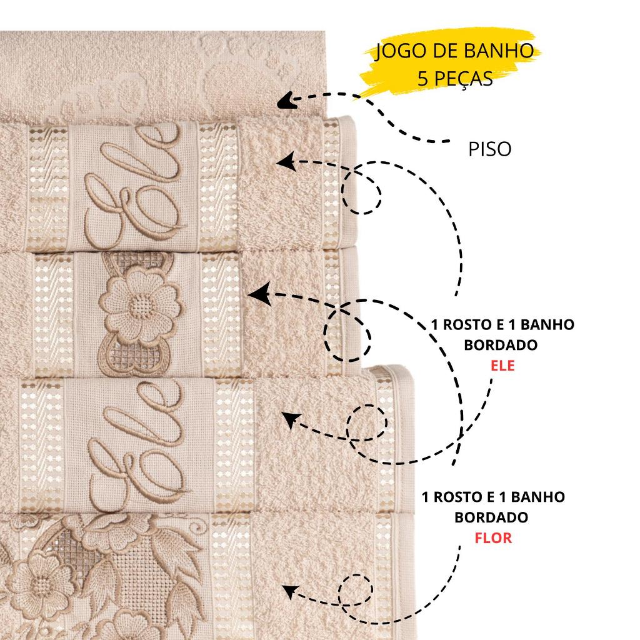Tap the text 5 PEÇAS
pyautogui.click(x=455, y=78)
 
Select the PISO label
pyautogui.click(x=489, y=149)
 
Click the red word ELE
pyautogui.click(x=502, y=365)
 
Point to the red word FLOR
pyautogui.click(x=493, y=538)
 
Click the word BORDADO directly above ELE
pyautogui.click(x=501, y=345)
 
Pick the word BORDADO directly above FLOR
pyautogui.click(x=491, y=517)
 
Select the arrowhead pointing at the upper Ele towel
pyautogui.click(x=286, y=162)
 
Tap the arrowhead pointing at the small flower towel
pyautogui.click(x=259, y=294)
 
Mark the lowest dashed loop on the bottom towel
pyautogui.click(x=356, y=589)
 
